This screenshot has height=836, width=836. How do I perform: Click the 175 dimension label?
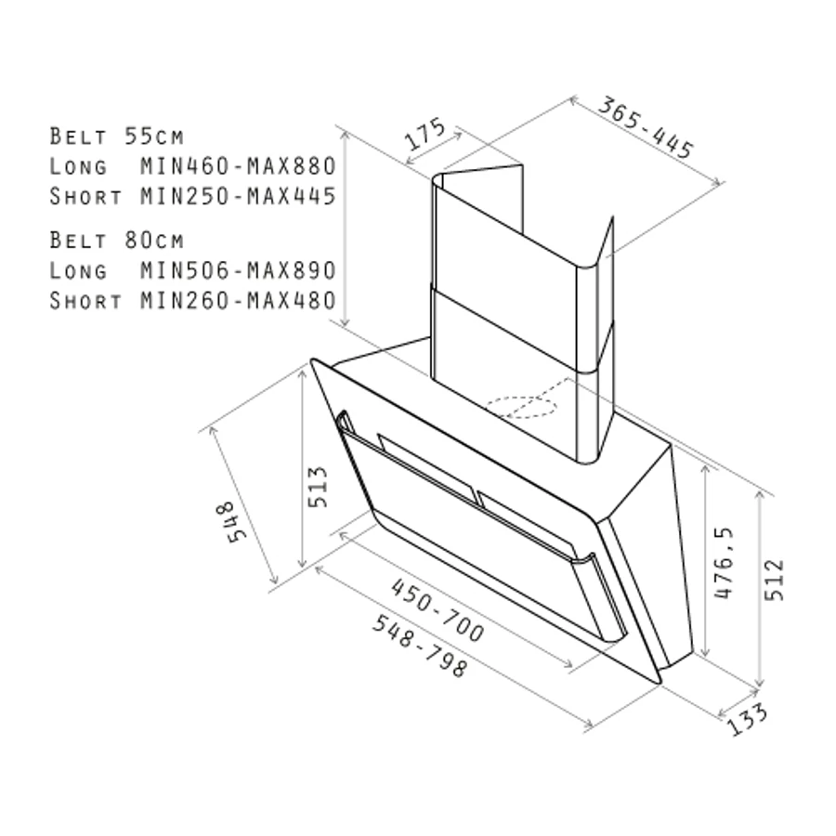pos(425,133)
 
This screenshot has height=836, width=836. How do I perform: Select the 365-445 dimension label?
pos(646,127)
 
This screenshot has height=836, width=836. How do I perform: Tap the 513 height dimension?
pos(319,487)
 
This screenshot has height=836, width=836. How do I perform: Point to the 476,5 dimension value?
pos(724,563)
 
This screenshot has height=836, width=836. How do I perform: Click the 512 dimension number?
pos(774,580)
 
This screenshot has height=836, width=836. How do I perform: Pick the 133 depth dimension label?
pos(748,719)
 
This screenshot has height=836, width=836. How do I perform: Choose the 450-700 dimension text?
pos(438,610)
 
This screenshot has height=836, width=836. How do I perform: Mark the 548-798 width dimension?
pos(421,646)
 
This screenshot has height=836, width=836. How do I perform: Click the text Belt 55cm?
pos(117,137)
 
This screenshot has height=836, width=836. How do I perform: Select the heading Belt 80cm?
pos(117,241)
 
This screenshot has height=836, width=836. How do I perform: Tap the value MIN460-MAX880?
pos(239,166)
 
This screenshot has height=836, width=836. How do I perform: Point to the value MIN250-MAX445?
pos(239,196)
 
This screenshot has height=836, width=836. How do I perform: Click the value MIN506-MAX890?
pos(239,270)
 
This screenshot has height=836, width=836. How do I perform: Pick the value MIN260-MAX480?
pos(239,301)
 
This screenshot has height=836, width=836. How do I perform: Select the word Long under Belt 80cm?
pos(78,271)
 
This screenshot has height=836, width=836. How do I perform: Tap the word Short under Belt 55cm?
pos(85,196)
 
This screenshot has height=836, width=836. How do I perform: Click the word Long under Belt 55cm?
pos(78,166)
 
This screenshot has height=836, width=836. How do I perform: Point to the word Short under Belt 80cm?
pos(85,301)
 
